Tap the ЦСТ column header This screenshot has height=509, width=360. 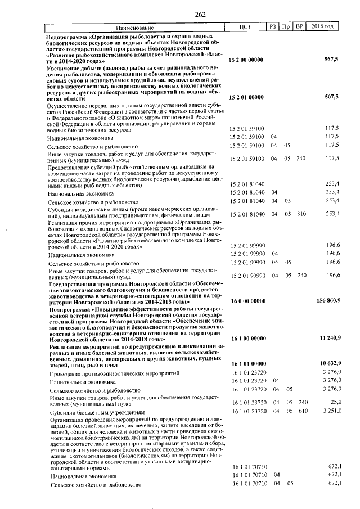point(248,27)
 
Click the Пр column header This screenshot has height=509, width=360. point(287,27)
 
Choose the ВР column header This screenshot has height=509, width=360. point(300,27)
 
